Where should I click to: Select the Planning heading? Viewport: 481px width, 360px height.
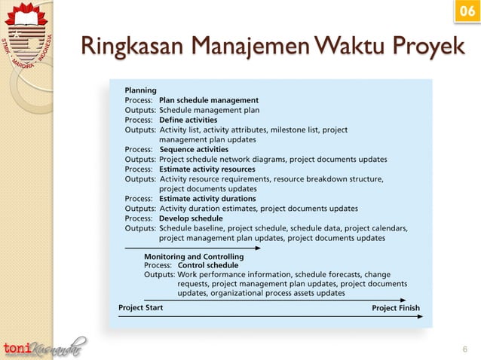[141, 90]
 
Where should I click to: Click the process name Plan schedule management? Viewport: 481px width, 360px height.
[209, 100]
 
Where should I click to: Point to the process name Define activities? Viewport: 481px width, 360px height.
[188, 120]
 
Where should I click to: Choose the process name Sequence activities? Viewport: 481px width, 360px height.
[194, 150]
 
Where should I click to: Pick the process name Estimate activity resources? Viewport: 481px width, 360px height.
[207, 169]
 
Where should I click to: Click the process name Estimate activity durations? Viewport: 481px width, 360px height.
[207, 199]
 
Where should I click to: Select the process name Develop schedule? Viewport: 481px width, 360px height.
[191, 218]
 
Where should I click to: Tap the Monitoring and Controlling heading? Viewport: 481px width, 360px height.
[194, 256]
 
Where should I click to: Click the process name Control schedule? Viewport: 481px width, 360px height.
[208, 265]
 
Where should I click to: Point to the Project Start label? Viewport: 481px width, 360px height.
[140, 307]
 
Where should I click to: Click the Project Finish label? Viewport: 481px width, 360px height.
[396, 308]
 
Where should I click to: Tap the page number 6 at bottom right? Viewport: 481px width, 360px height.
[464, 349]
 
